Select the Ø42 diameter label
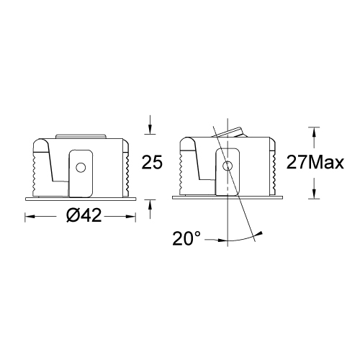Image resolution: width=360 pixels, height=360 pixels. tap(80, 216)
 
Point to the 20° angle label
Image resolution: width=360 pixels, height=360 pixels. tap(188, 238)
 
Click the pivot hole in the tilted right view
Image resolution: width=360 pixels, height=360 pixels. tap(228, 166)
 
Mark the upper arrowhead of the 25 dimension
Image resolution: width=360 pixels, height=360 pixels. tap(150, 129)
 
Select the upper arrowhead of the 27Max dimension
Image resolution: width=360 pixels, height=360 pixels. tap(313, 131)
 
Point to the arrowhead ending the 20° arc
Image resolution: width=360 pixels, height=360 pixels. tap(260, 233)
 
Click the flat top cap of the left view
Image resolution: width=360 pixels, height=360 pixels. tap(81, 135)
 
